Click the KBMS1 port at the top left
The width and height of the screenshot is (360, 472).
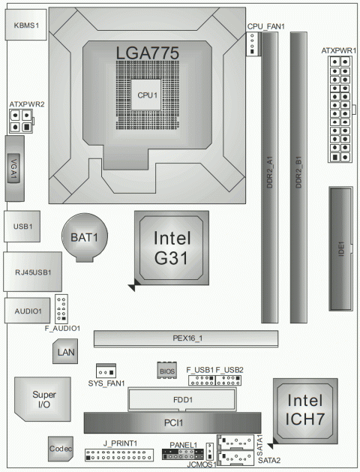click(26, 25)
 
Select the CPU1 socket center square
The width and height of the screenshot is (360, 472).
click(146, 95)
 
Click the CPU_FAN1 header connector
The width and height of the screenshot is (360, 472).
click(254, 46)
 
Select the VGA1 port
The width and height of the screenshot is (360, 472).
click(15, 170)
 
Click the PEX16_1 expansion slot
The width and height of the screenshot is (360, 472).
click(185, 338)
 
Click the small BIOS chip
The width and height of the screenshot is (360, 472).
click(166, 370)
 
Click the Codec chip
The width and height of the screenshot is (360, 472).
click(61, 449)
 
